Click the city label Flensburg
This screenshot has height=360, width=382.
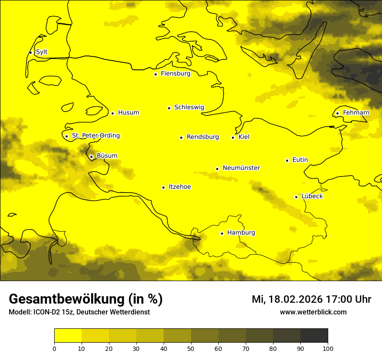[x=175, y=74]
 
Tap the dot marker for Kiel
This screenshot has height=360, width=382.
[x=233, y=137]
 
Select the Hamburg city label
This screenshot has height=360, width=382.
[x=241, y=233]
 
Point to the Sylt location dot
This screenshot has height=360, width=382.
[x=30, y=52]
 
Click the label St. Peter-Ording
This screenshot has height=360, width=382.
[x=95, y=136]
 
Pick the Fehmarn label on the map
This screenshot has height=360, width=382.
[x=356, y=113]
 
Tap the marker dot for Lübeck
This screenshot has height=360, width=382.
[x=296, y=197]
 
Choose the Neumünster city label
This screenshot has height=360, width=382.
[x=241, y=168]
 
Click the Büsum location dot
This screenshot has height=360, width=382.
[x=91, y=157]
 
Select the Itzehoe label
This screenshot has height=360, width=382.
[x=180, y=187]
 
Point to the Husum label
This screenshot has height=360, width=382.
[x=128, y=113]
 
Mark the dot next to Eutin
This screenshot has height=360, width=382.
[x=287, y=160]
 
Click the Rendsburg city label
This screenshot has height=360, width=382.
[x=203, y=137]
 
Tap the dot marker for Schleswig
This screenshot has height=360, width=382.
[x=169, y=108]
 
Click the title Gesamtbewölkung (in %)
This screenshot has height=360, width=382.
[x=86, y=299]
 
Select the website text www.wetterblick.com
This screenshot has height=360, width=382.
[x=313, y=312]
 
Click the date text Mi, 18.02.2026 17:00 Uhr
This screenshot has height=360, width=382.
[x=311, y=299]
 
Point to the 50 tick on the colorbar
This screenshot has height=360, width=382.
[x=191, y=348]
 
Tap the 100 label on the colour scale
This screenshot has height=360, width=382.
[x=328, y=348]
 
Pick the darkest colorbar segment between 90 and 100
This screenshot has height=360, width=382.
[x=314, y=335]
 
